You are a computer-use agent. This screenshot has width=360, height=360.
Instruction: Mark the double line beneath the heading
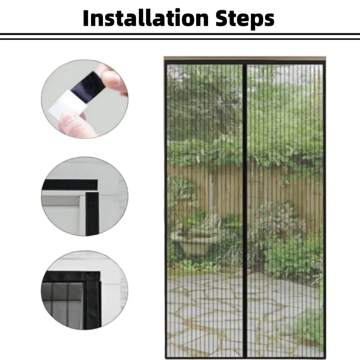click(x=180, y=36)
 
